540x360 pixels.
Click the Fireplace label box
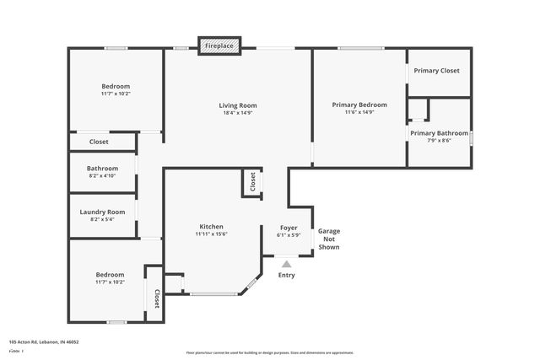pos(219,46)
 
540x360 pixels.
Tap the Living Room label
pos(240,105)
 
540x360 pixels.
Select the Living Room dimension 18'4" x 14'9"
pos(240,113)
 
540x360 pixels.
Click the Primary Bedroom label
pos(359,105)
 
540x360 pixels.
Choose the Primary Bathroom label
pos(439,133)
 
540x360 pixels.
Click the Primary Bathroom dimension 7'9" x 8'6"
pos(439,141)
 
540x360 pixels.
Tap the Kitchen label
pos(211,227)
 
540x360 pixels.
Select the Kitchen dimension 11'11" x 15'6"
pos(211,234)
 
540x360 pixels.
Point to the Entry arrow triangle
pos(287,264)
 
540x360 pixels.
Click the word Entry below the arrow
pos(287,275)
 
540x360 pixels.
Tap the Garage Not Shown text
pos(329,239)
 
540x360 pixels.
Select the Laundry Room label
pos(102,212)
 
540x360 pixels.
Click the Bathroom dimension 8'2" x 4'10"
pos(102,176)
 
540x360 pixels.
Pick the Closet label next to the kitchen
pos(252,181)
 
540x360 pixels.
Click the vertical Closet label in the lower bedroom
pos(156,298)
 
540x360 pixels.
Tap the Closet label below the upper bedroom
pos(99,142)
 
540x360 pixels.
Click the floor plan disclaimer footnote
pos(270,353)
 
